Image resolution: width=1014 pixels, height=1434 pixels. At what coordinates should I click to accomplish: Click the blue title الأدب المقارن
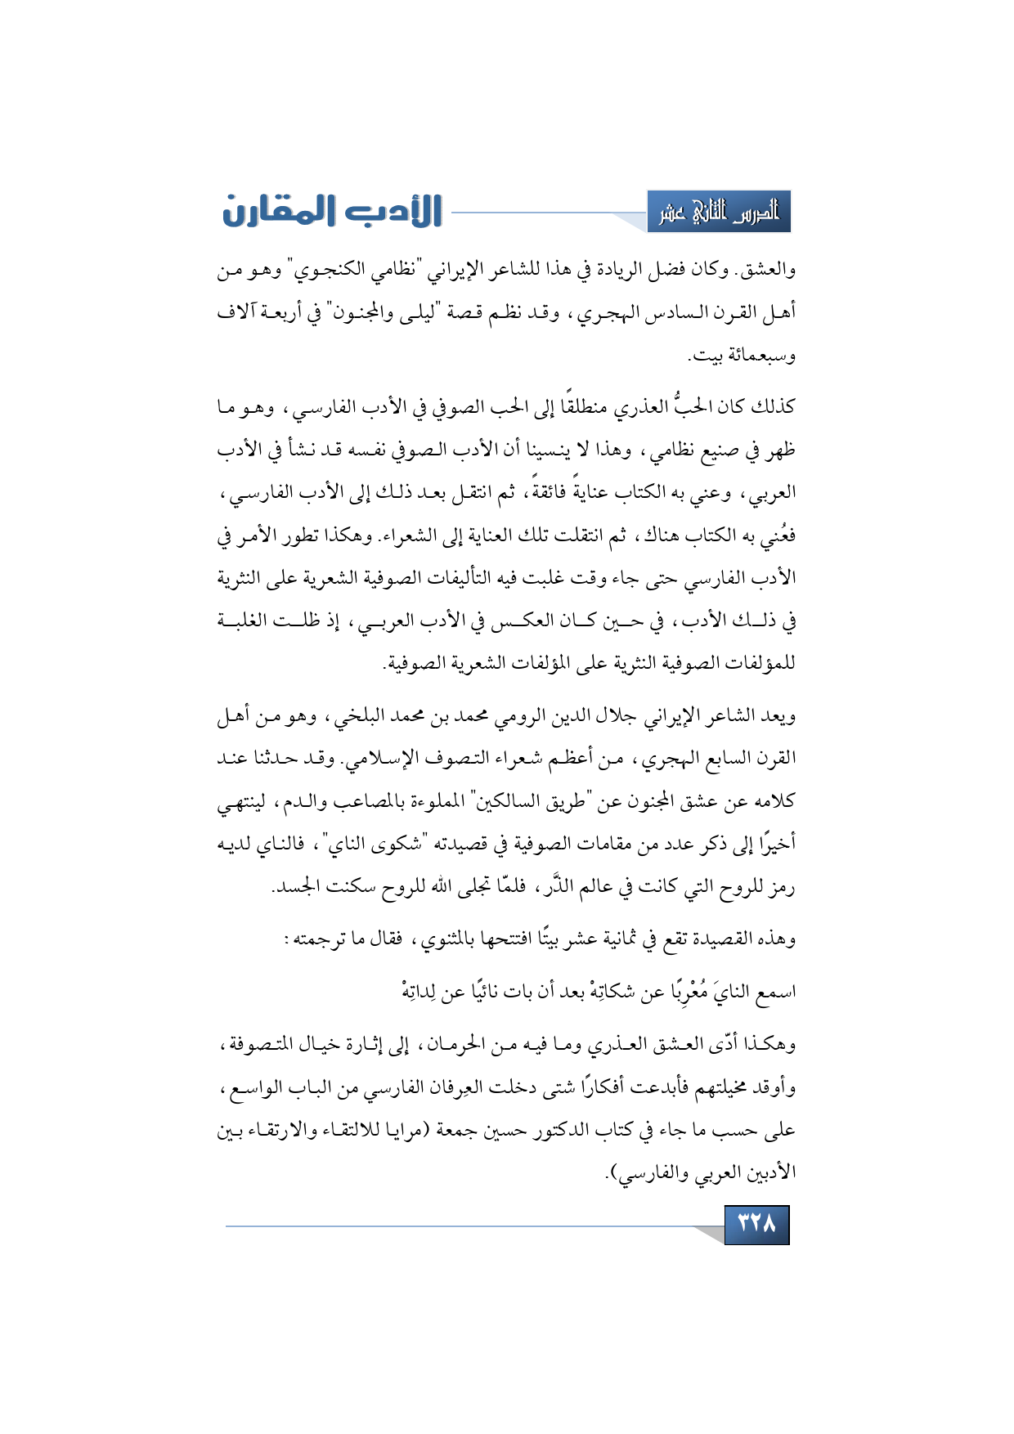332,211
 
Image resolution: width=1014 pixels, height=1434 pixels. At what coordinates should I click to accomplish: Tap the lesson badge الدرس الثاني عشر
719,212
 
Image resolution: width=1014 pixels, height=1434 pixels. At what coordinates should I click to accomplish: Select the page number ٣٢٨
756,1224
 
